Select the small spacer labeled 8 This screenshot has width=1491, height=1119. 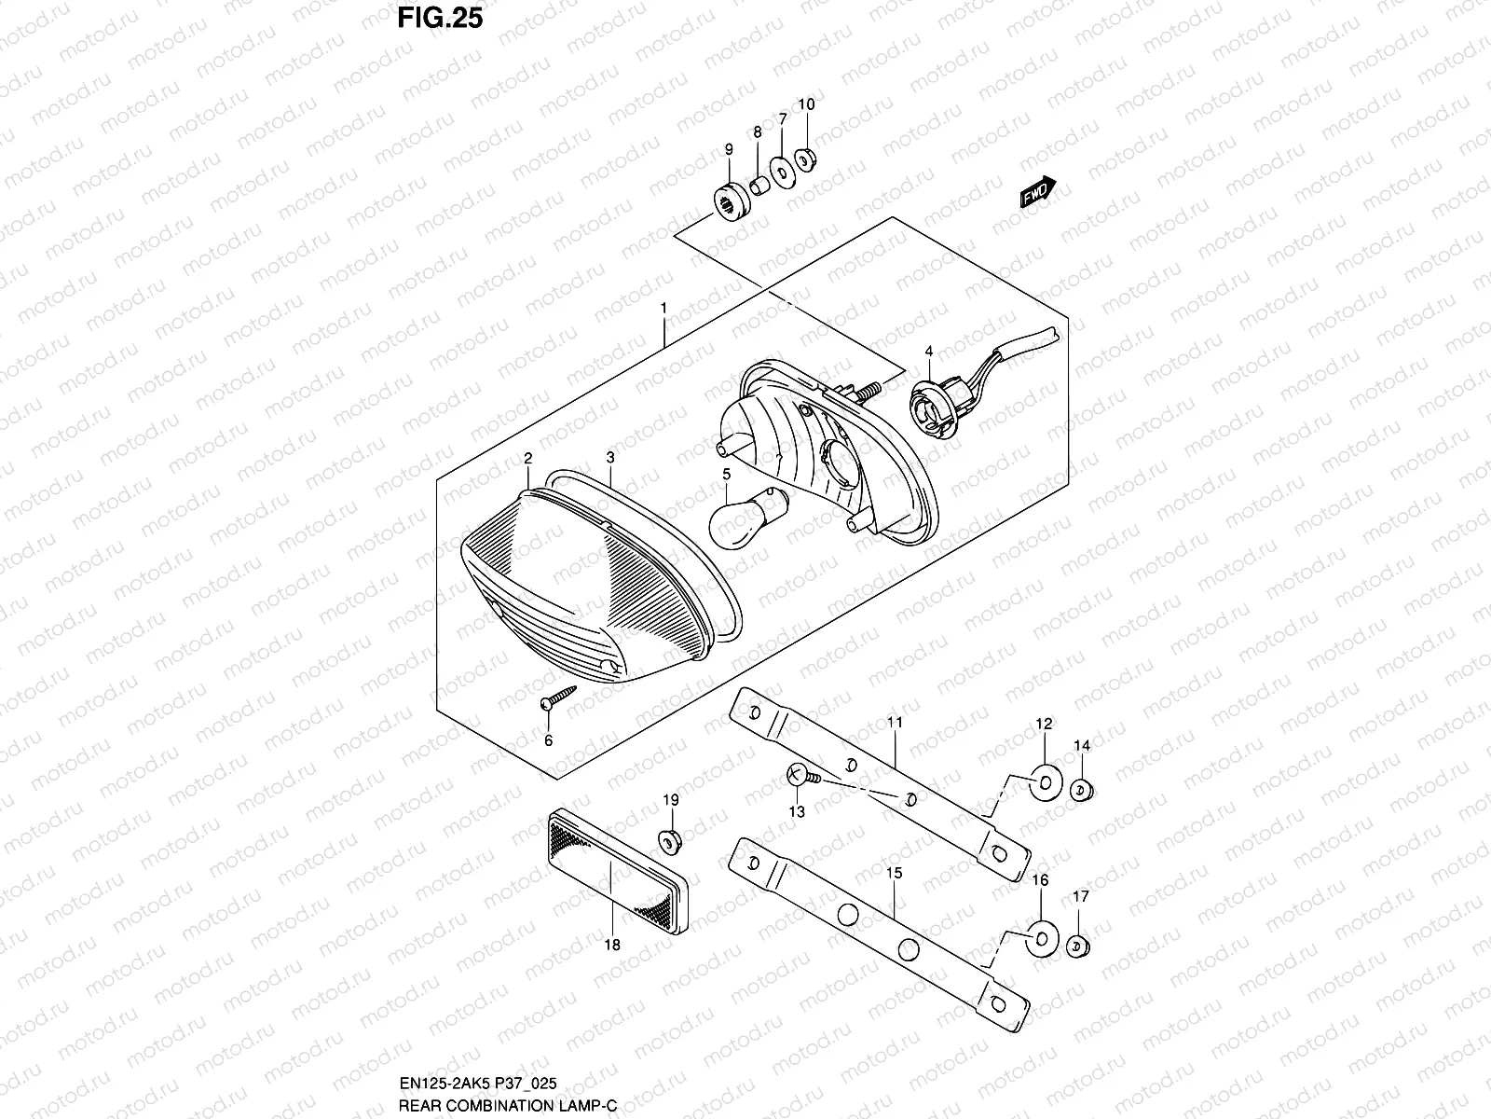(759, 184)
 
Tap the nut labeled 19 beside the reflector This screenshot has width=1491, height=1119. (668, 842)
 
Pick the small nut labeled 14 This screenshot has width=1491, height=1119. (1081, 791)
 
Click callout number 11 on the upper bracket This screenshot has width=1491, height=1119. (895, 723)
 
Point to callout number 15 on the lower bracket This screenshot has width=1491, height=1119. (894, 874)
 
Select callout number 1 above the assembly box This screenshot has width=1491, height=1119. (663, 307)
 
